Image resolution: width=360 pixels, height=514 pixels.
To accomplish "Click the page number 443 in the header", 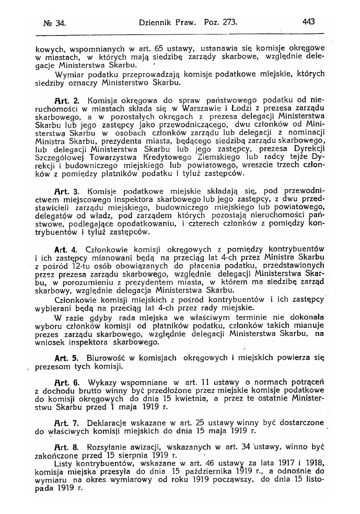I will click(308, 22).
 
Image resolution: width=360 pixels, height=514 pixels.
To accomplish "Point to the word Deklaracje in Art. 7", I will click(109, 421).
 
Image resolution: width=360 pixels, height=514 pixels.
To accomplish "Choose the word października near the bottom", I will click(206, 472).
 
